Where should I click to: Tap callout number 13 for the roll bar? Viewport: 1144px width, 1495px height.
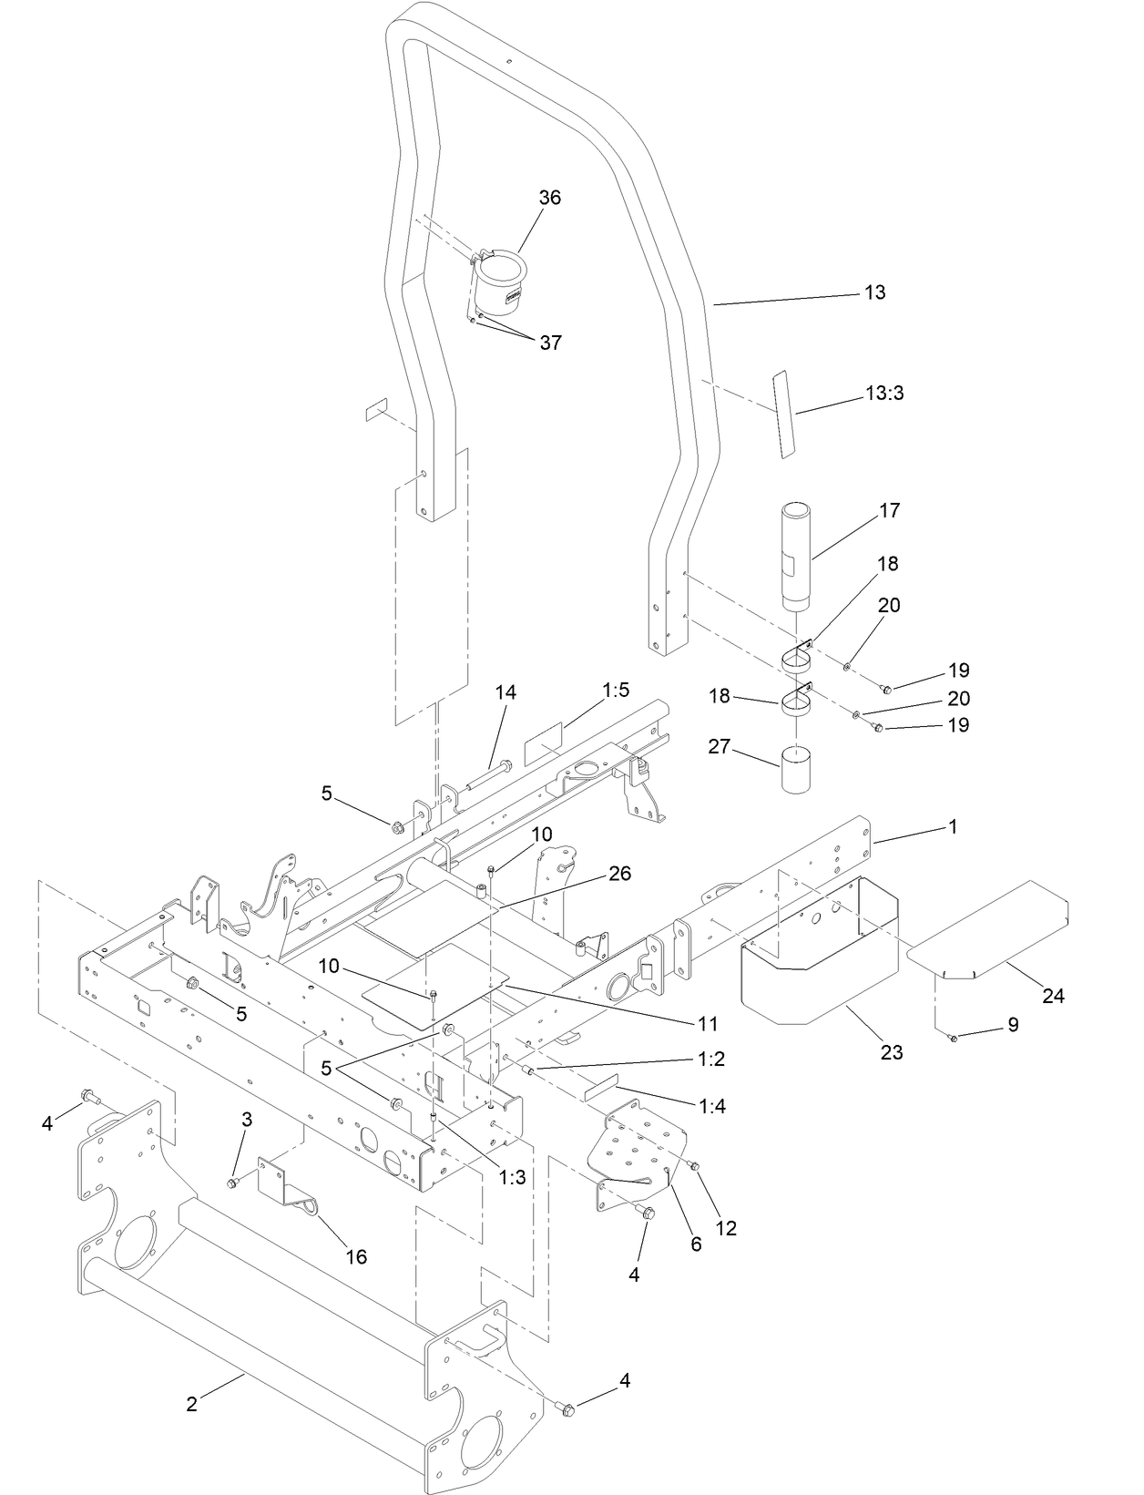[x=874, y=292]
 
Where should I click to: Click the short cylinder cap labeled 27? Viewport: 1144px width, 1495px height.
[x=799, y=771]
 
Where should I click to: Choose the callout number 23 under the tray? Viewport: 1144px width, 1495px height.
[x=892, y=1052]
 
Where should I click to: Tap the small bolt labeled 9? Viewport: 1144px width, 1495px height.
[x=954, y=1038]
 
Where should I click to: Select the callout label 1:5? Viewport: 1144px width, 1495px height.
[x=616, y=691]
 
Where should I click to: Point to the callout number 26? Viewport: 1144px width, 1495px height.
[x=619, y=874]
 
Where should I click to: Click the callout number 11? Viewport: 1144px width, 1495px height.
[x=709, y=1024]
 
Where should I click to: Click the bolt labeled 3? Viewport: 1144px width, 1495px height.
[x=232, y=1182]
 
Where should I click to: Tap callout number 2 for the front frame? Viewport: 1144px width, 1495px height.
[x=191, y=1404]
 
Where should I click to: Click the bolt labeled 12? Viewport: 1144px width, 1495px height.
[x=695, y=1165]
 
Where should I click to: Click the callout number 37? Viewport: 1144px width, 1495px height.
[x=550, y=343]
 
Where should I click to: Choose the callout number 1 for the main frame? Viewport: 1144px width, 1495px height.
[x=953, y=827]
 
